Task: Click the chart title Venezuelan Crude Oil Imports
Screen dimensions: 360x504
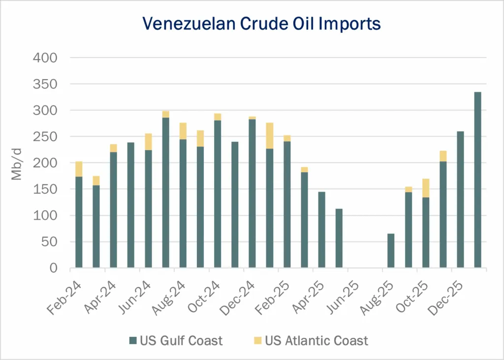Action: click(x=261, y=23)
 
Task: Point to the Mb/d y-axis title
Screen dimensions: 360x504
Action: click(x=17, y=163)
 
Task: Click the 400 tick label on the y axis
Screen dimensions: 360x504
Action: click(x=45, y=58)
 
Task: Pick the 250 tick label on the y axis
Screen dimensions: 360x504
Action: click(x=45, y=137)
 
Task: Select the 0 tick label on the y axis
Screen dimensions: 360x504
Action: click(x=54, y=269)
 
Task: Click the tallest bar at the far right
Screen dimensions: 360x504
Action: click(x=477, y=180)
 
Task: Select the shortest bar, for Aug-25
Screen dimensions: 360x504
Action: click(x=391, y=251)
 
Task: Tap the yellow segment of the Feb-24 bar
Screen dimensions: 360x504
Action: click(x=79, y=169)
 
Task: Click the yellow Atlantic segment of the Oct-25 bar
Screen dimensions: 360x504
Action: click(x=426, y=188)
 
